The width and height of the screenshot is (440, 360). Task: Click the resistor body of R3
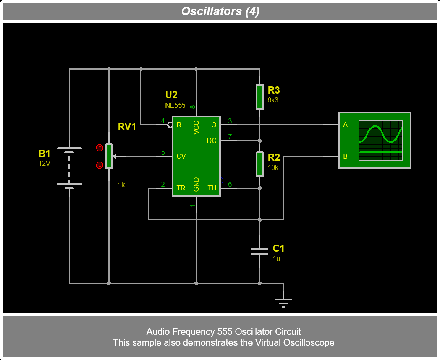pos(260,97)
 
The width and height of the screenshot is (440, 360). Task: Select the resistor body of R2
pos(260,164)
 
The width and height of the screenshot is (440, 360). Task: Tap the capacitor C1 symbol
pos(259,251)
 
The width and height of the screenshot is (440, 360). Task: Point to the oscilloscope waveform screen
pos(380,140)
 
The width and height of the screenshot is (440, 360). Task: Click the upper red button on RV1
pos(100,148)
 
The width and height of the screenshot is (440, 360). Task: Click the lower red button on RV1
pos(100,165)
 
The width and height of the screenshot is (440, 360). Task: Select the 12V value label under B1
pos(45,164)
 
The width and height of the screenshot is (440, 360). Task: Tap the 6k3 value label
pos(273,100)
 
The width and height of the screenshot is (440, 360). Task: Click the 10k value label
pos(273,167)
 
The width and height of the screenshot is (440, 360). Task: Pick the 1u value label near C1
pos(276,258)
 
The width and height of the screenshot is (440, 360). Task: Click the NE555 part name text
pos(175,106)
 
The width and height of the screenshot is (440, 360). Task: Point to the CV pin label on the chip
pos(181,156)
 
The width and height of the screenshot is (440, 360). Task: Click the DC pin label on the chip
pos(212,141)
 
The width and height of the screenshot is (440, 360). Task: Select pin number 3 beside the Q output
pos(230,121)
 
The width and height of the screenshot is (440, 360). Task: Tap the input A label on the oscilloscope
pos(346,125)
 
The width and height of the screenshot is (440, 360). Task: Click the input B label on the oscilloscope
pos(346,156)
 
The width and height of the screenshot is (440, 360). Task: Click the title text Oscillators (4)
pos(220,11)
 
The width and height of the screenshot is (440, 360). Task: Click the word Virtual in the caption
pos(268,342)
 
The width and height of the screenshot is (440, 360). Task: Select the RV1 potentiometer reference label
pos(127,127)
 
